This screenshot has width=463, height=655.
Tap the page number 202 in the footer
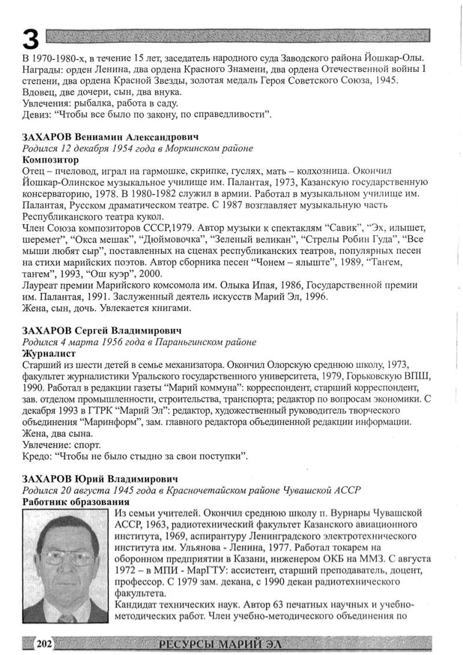tap(44, 643)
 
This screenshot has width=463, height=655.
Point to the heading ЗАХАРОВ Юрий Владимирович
tap(99, 479)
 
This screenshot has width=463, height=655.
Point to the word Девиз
tap(35, 115)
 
